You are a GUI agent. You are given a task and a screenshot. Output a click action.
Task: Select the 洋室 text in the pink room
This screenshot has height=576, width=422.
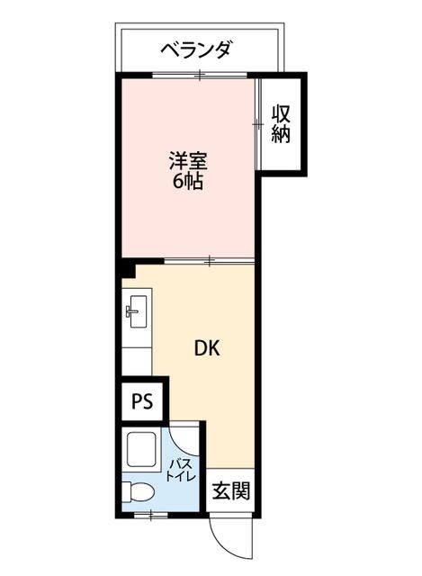[x=189, y=162]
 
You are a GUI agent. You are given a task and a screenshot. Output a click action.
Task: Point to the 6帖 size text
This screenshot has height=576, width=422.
[x=188, y=182]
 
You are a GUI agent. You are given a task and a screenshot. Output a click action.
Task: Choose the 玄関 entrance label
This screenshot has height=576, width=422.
[x=232, y=492]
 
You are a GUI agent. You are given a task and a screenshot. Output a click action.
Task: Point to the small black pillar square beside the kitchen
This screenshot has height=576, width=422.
[x=129, y=268]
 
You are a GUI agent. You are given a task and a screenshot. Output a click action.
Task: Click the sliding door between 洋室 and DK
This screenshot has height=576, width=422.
[x=209, y=261]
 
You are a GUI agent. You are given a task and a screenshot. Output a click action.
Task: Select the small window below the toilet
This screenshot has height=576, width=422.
[x=151, y=515]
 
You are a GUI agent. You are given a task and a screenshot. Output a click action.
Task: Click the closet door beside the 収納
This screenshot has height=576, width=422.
[x=258, y=126]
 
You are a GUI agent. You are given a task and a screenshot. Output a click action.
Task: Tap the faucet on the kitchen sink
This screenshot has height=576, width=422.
[x=131, y=312]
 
